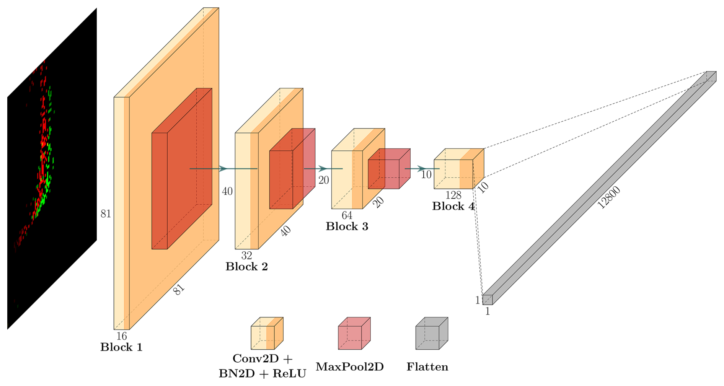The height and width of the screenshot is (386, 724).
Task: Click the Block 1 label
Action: pyautogui.click(x=121, y=347)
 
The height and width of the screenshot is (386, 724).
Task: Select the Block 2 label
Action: pyautogui.click(x=246, y=267)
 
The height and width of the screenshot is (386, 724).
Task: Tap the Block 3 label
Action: pyautogui.click(x=347, y=226)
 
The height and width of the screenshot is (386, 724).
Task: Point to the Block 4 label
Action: pyautogui.click(x=453, y=207)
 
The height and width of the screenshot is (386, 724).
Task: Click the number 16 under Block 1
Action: pyautogui.click(x=121, y=336)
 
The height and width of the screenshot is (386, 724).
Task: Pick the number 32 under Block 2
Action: pyautogui.click(x=246, y=256)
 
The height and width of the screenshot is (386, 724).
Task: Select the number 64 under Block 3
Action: pyautogui.click(x=347, y=215)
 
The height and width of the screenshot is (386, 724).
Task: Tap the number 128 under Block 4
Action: pyautogui.click(x=453, y=195)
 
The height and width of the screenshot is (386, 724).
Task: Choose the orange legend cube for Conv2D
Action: pyautogui.click(x=267, y=334)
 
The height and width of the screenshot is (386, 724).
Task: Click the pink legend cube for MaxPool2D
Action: pyautogui.click(x=354, y=334)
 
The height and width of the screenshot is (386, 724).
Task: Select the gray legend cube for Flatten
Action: pyautogui.click(x=432, y=334)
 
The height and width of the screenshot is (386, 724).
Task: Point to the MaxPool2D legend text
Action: pyautogui.click(x=349, y=367)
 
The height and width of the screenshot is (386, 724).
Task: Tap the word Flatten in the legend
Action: pyautogui.click(x=427, y=367)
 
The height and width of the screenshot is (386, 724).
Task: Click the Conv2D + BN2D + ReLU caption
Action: pyautogui.click(x=262, y=366)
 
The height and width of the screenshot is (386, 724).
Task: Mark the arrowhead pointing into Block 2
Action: pyautogui.click(x=223, y=169)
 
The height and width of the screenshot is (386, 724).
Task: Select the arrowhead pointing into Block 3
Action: pyautogui.click(x=323, y=169)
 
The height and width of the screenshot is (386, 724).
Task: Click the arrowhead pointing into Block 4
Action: pyautogui.click(x=421, y=169)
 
